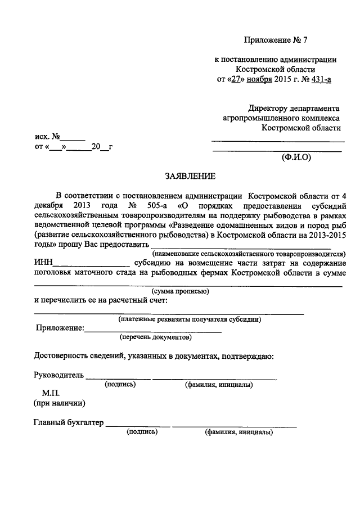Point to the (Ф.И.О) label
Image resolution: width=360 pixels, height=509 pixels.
click(x=296, y=158)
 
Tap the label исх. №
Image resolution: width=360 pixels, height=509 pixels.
click(x=47, y=137)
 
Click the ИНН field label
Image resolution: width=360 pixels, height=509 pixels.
click(x=44, y=263)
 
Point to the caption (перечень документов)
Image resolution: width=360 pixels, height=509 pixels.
click(x=156, y=338)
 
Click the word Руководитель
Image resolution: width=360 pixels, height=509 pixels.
click(x=58, y=375)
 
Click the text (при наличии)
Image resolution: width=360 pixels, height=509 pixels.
click(x=59, y=403)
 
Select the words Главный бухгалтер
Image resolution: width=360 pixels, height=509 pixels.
click(x=69, y=423)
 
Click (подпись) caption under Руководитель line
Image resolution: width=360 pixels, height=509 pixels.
click(x=120, y=385)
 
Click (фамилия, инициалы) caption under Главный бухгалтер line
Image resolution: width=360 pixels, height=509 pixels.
click(x=239, y=433)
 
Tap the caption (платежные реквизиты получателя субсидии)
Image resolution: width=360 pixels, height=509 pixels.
click(x=189, y=319)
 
